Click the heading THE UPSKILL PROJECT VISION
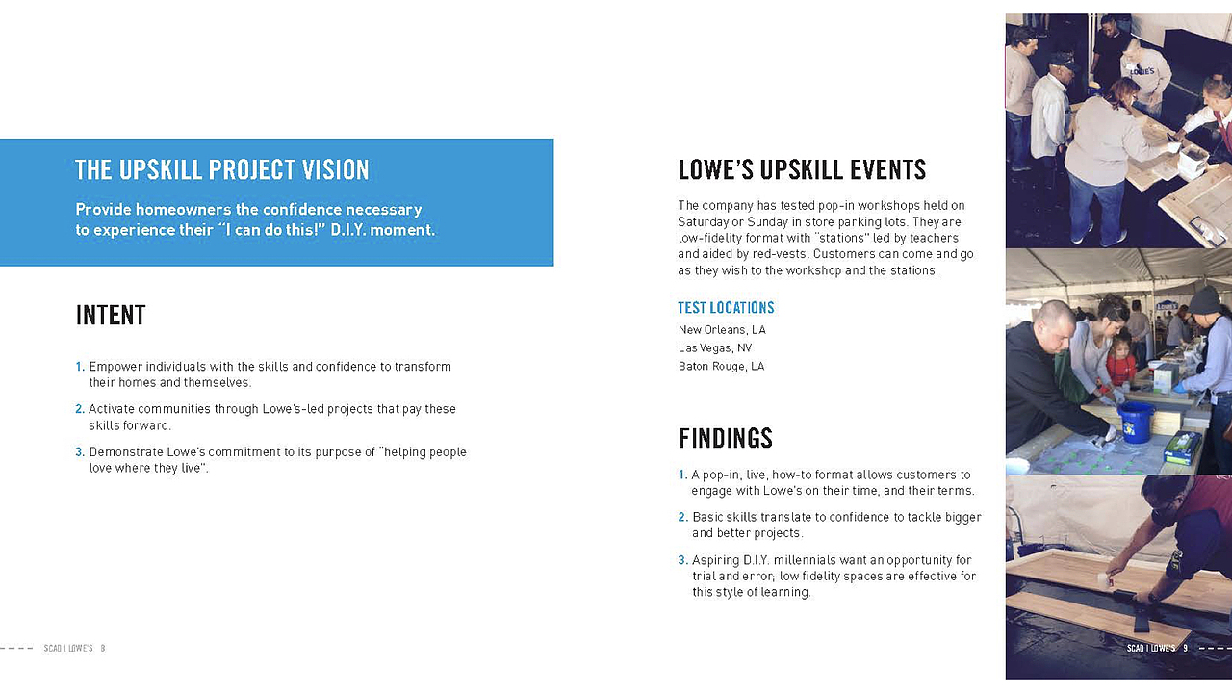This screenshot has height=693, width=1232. (222, 170)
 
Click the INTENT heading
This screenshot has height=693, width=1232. (111, 316)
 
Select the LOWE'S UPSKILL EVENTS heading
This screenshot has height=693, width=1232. (802, 170)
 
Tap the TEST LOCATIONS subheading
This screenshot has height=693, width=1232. (726, 308)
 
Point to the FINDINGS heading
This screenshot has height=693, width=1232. (725, 439)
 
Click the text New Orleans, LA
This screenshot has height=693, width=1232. (722, 330)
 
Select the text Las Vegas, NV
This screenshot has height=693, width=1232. (715, 348)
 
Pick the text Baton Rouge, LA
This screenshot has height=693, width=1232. (721, 367)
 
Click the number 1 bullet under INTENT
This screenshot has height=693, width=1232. (80, 367)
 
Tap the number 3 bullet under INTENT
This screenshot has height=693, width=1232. (80, 452)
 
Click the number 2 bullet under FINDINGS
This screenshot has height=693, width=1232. (682, 518)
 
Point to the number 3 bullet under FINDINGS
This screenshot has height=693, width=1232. (682, 560)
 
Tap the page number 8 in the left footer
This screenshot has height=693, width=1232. (103, 649)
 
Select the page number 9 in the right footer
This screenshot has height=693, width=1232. (1185, 649)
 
